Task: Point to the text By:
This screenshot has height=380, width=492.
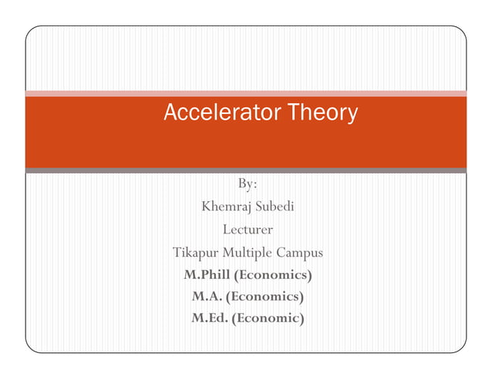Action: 248,183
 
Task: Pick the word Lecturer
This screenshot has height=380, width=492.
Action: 248,229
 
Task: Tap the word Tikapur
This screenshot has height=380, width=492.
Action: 195,252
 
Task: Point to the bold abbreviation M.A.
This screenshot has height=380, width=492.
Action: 207,296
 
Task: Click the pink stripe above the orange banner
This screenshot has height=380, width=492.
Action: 246,93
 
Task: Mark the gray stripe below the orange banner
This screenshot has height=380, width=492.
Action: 246,170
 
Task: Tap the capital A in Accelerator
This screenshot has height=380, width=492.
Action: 170,113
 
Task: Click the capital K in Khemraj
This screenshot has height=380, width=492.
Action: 206,207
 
